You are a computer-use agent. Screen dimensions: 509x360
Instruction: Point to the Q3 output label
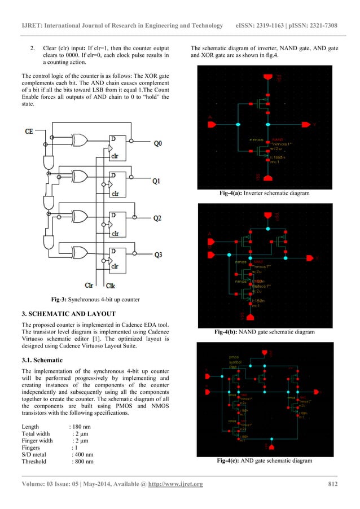[157, 255]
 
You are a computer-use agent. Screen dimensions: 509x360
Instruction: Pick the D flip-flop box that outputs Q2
[119, 222]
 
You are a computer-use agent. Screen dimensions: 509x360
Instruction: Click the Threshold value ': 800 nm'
[82, 462]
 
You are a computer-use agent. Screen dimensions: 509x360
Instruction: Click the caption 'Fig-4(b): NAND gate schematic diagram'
[266, 332]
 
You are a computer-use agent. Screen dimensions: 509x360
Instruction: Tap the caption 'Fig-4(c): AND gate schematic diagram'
[265, 461]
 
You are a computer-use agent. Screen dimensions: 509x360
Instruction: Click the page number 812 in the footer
[333, 485]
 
